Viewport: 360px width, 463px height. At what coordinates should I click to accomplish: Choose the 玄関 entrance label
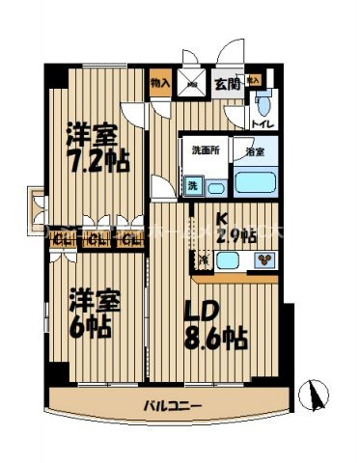227,85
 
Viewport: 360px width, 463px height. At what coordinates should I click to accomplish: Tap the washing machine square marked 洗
192,184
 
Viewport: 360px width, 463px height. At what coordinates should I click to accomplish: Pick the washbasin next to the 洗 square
216,186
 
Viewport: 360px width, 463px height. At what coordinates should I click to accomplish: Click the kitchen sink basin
230,259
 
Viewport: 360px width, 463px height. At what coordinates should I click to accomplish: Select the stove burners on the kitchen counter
263,259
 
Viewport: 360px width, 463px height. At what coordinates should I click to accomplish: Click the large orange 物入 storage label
160,85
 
